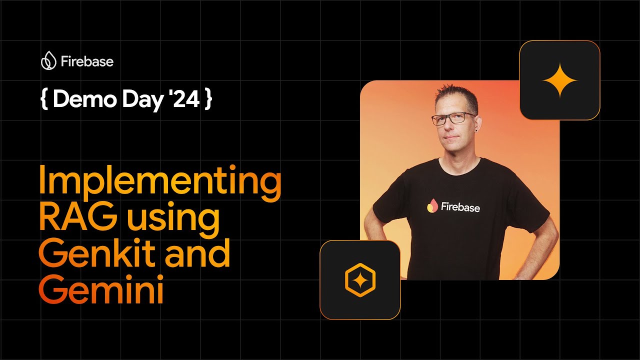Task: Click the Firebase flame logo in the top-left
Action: coord(48,60)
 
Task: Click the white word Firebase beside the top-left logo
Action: coord(87,61)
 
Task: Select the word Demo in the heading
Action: coord(85,99)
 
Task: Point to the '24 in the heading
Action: coord(186,98)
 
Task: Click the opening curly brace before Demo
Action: coord(44,99)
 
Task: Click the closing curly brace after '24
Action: coord(208,99)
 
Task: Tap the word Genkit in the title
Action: coord(97,253)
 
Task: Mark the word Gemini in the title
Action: coord(101,288)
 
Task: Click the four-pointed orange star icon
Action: coord(559,80)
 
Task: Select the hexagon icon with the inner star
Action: coord(360,280)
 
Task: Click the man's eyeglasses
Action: coord(453,118)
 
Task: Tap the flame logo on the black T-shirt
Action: coord(432,205)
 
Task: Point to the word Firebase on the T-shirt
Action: coord(460,207)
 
